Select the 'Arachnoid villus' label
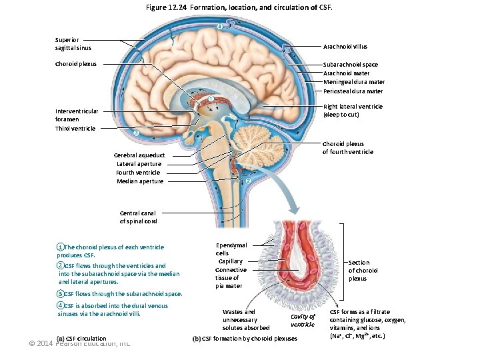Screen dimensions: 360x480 click(345, 47)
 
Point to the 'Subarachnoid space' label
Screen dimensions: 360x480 click(351, 65)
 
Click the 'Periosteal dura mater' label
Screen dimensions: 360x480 click(353, 91)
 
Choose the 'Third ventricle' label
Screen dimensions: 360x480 click(75, 128)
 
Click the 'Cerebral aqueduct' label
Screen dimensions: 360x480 click(139, 155)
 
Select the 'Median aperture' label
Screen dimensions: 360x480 click(140, 181)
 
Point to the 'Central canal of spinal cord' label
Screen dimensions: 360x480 click(139, 217)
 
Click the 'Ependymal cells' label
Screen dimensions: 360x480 click(231, 249)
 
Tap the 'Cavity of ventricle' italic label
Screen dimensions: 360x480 click(303, 320)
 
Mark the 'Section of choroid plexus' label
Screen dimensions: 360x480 click(363, 270)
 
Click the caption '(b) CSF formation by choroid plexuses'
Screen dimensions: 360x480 click(245, 339)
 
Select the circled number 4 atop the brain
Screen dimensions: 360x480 click(220, 27)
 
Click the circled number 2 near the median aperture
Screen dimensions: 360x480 click(248, 181)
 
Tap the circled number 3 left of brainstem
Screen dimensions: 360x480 click(135, 133)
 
